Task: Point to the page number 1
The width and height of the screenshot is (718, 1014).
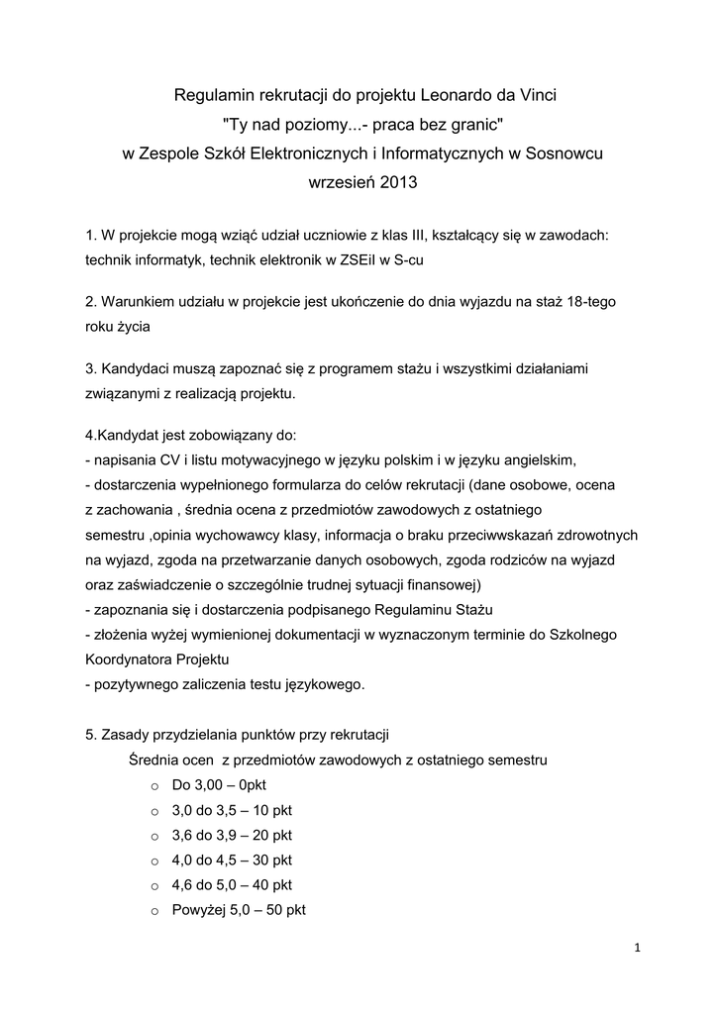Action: point(639,948)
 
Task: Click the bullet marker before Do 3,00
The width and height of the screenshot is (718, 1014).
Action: point(154,786)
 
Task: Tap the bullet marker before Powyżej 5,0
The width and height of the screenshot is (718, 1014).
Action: point(154,910)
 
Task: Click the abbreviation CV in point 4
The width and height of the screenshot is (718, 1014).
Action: point(170,460)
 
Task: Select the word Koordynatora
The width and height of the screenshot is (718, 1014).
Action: point(125,659)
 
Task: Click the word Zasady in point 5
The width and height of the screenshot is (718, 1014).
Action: point(126,735)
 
